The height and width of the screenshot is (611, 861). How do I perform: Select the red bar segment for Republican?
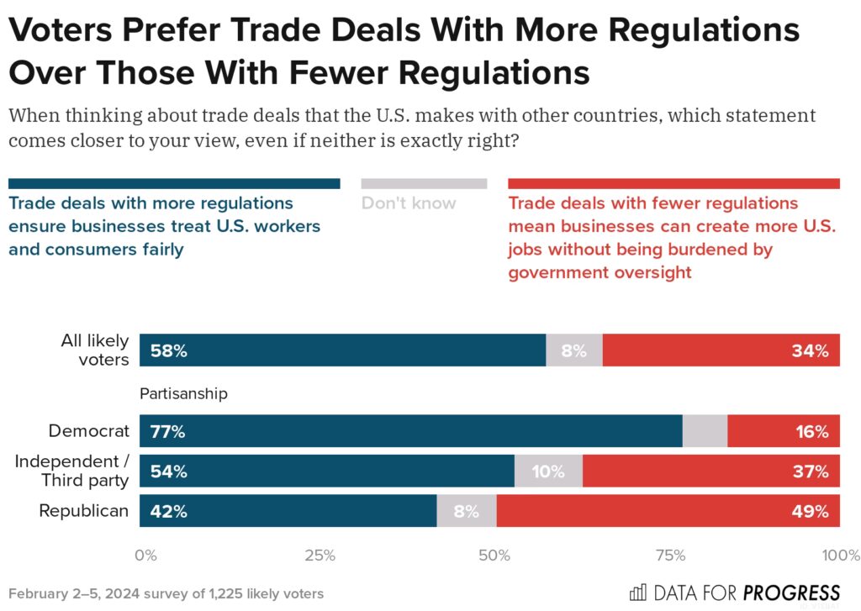click(x=668, y=510)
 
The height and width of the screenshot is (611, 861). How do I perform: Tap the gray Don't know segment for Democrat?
click(x=705, y=432)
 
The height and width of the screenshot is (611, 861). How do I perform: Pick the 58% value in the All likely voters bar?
click(x=168, y=351)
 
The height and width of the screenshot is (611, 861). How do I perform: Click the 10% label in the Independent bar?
click(x=547, y=471)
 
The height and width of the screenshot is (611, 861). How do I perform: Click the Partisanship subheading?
click(x=183, y=392)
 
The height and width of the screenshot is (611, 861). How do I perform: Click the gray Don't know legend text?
click(x=409, y=203)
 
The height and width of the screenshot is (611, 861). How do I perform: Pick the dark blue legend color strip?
click(x=174, y=183)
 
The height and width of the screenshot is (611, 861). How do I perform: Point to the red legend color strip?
click(x=673, y=183)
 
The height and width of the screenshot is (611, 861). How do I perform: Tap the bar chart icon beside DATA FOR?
click(x=638, y=592)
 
